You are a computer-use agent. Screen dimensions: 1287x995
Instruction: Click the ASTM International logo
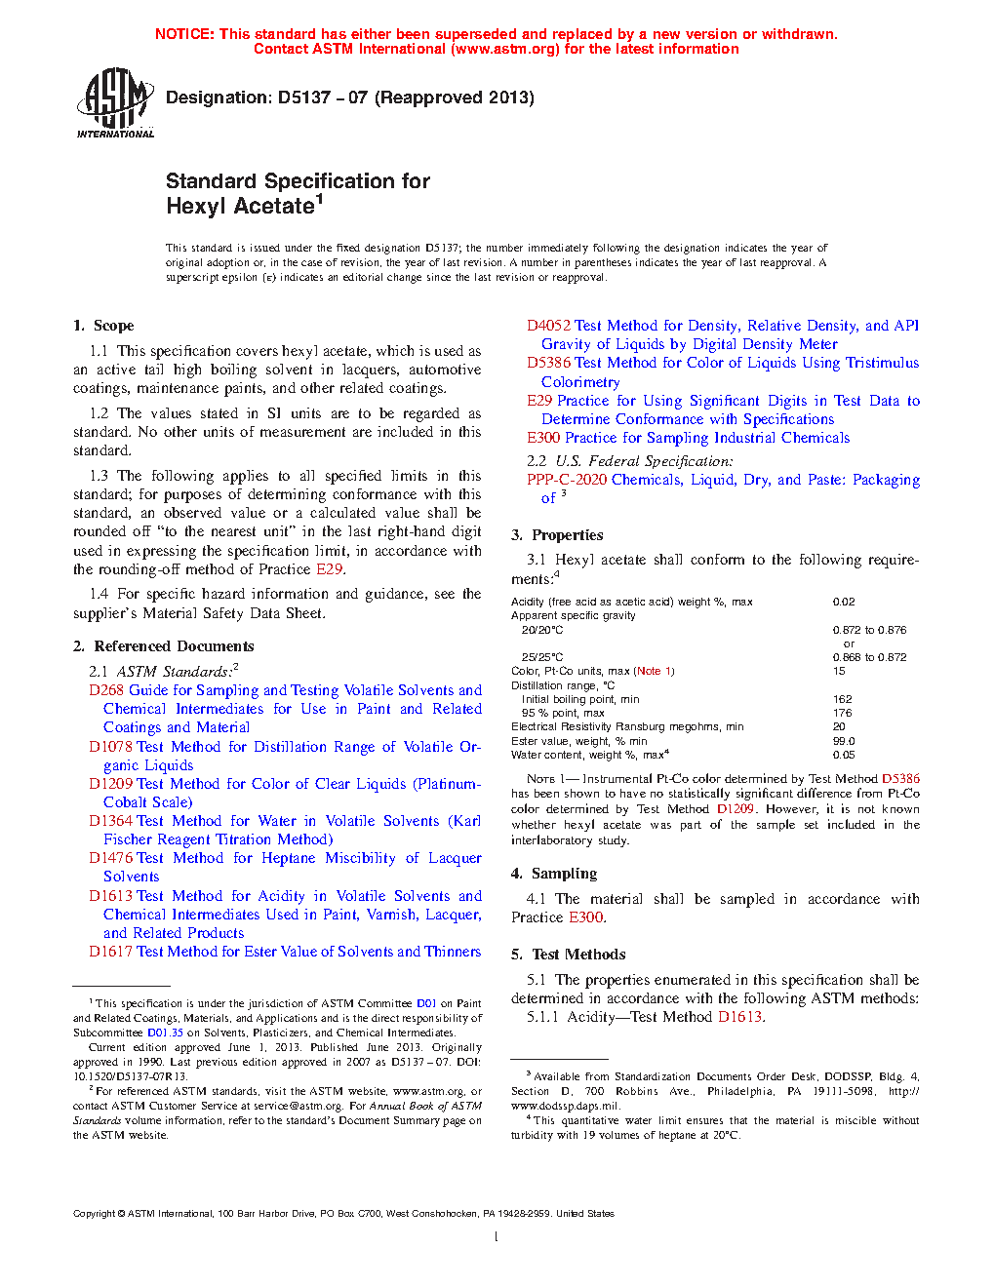115,102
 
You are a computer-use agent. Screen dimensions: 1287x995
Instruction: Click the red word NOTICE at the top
183,34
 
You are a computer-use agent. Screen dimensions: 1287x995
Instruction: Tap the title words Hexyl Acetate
240,207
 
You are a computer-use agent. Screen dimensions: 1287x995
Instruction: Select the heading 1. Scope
103,326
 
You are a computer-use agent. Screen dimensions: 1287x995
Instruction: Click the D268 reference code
106,690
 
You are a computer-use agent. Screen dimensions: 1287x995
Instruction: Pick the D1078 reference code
110,747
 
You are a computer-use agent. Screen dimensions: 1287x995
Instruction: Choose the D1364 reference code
110,822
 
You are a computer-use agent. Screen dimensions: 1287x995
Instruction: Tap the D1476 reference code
110,859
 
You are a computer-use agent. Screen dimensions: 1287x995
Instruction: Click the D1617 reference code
110,952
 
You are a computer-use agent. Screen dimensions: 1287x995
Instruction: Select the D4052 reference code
548,326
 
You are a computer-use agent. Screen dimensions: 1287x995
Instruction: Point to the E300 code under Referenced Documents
543,438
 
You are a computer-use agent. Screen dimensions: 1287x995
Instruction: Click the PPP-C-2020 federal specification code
567,480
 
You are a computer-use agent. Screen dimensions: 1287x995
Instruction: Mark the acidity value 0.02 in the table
844,603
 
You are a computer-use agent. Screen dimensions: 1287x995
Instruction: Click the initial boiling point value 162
843,699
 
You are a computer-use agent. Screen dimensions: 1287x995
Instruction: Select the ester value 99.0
844,741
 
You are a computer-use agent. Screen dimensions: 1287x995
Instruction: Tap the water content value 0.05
844,755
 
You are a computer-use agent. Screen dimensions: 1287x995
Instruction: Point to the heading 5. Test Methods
568,955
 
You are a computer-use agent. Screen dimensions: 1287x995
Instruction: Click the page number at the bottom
497,1237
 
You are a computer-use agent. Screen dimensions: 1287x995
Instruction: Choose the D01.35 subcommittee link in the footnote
165,1033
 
